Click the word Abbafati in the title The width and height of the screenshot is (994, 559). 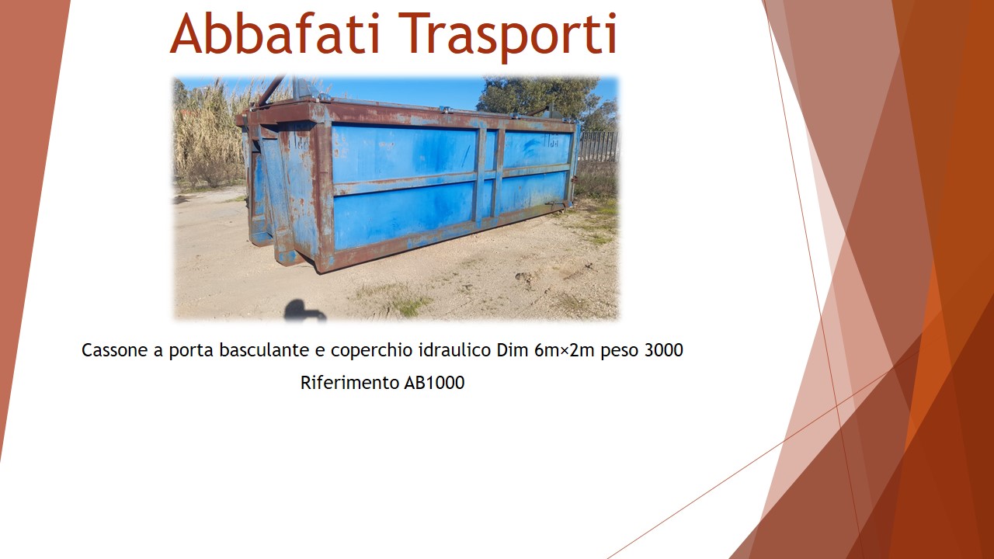pos(275,33)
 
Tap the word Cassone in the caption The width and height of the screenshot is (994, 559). pos(114,350)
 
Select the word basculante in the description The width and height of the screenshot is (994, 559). pos(264,350)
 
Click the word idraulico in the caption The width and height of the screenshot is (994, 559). pos(455,350)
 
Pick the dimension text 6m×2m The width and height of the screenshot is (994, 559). pos(565,350)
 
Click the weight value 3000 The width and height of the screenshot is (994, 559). pos(663,350)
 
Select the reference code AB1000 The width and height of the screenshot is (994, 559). pos(434,383)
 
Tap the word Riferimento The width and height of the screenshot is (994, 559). pos(349,383)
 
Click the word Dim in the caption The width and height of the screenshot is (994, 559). pos(513,350)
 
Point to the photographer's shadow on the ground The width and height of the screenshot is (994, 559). pos(304,311)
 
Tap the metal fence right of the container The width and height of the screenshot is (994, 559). pos(599,147)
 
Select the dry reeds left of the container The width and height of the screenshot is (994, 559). pos(209,133)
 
